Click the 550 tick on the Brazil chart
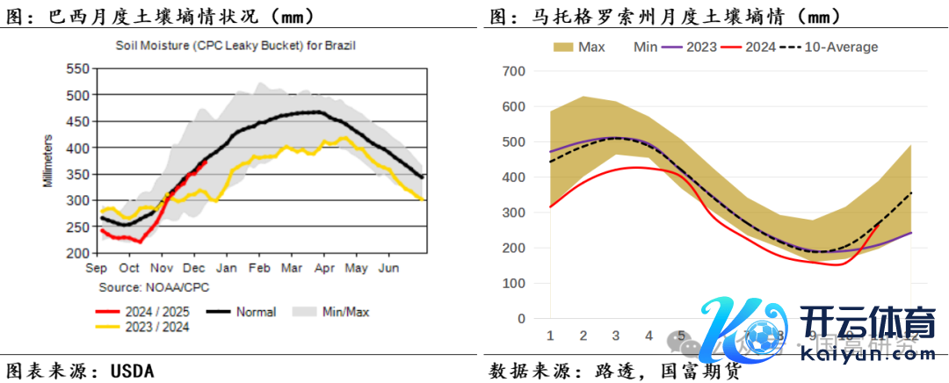pyautogui.click(x=77, y=69)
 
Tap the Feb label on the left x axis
pyautogui.click(x=259, y=267)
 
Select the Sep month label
pyautogui.click(x=96, y=267)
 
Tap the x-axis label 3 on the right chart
pyautogui.click(x=615, y=336)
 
